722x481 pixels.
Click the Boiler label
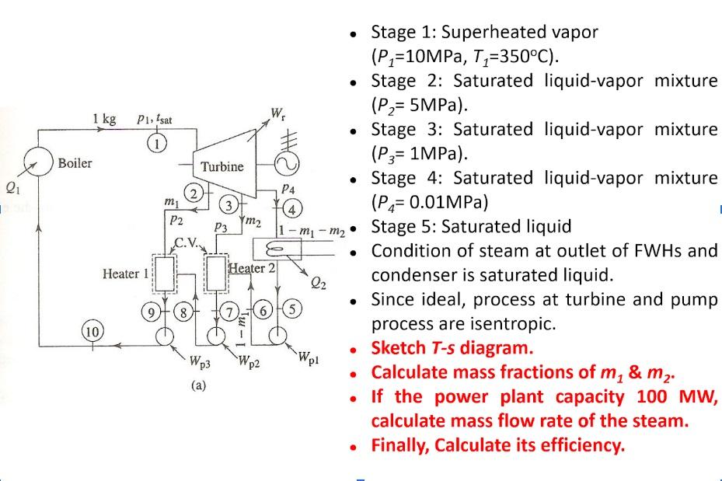point(75,163)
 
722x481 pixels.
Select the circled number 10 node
point(92,332)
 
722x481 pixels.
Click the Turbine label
point(221,166)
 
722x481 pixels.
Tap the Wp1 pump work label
point(308,357)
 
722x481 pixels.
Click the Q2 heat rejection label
point(319,284)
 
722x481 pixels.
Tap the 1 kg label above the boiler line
point(103,119)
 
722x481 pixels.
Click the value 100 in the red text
point(643,396)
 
